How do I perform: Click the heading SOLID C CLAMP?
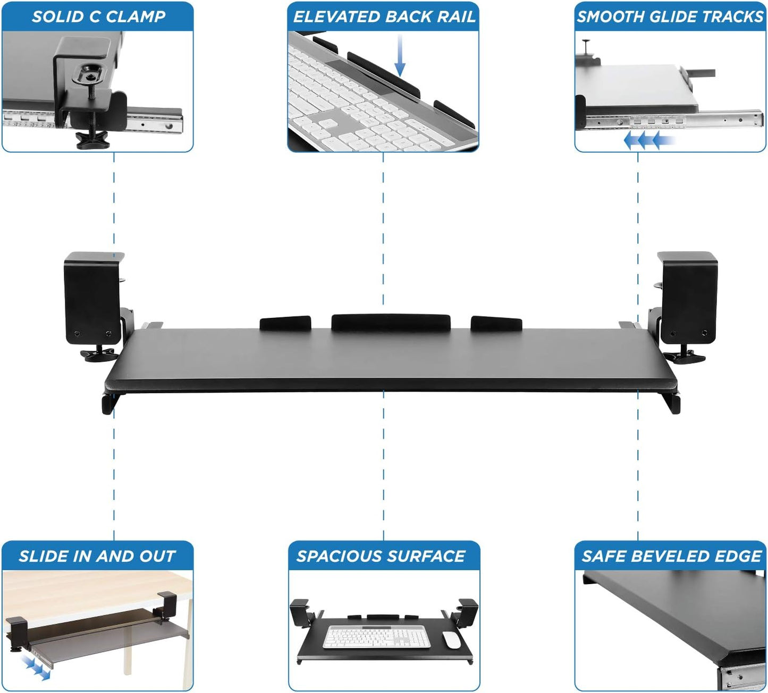(x=98, y=16)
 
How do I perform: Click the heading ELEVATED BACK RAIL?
(x=384, y=16)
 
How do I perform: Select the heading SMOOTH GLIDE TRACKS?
(x=670, y=16)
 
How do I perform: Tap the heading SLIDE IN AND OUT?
(x=97, y=556)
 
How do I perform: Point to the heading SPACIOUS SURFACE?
(x=381, y=556)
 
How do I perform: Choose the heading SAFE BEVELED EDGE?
(x=671, y=556)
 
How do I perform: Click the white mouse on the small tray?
(x=452, y=640)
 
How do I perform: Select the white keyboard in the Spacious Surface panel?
(x=377, y=637)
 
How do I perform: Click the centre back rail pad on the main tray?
(x=391, y=322)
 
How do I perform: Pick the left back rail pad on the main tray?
(x=285, y=323)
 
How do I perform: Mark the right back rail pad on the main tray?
(x=496, y=323)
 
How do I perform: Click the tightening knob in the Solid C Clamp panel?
(x=92, y=140)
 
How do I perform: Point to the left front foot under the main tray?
(x=108, y=404)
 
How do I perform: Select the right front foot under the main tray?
(x=673, y=404)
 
